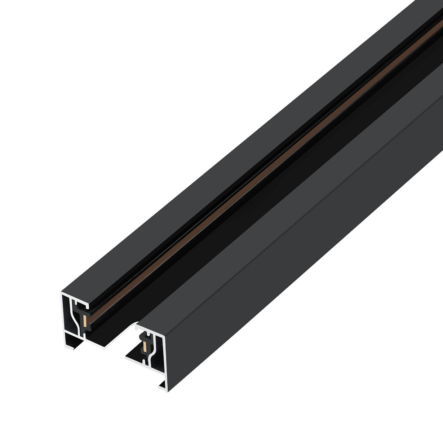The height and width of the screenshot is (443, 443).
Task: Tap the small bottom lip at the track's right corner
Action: (162, 386)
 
